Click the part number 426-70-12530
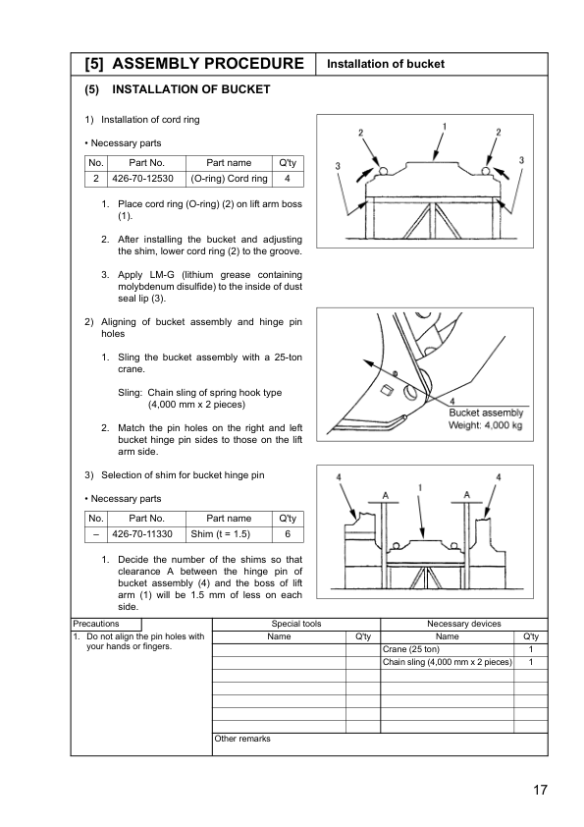coord(142,179)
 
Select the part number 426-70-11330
coord(142,534)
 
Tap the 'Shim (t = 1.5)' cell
coord(220,534)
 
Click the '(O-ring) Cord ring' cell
coord(229,179)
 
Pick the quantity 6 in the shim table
coord(288,534)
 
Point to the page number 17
coord(540,790)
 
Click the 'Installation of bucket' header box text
coord(386,64)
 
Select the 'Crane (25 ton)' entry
coord(410,649)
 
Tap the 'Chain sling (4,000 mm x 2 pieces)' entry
coord(447,662)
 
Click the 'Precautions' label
coord(96,624)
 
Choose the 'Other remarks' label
coord(241,739)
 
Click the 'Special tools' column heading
coord(296,624)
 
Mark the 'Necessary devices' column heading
coord(464,624)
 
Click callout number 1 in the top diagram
coord(445,127)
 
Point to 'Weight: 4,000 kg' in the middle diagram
coord(485,425)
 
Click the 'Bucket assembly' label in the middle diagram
coord(486,413)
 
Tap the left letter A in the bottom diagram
coord(386,495)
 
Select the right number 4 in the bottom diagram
coord(499,477)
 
